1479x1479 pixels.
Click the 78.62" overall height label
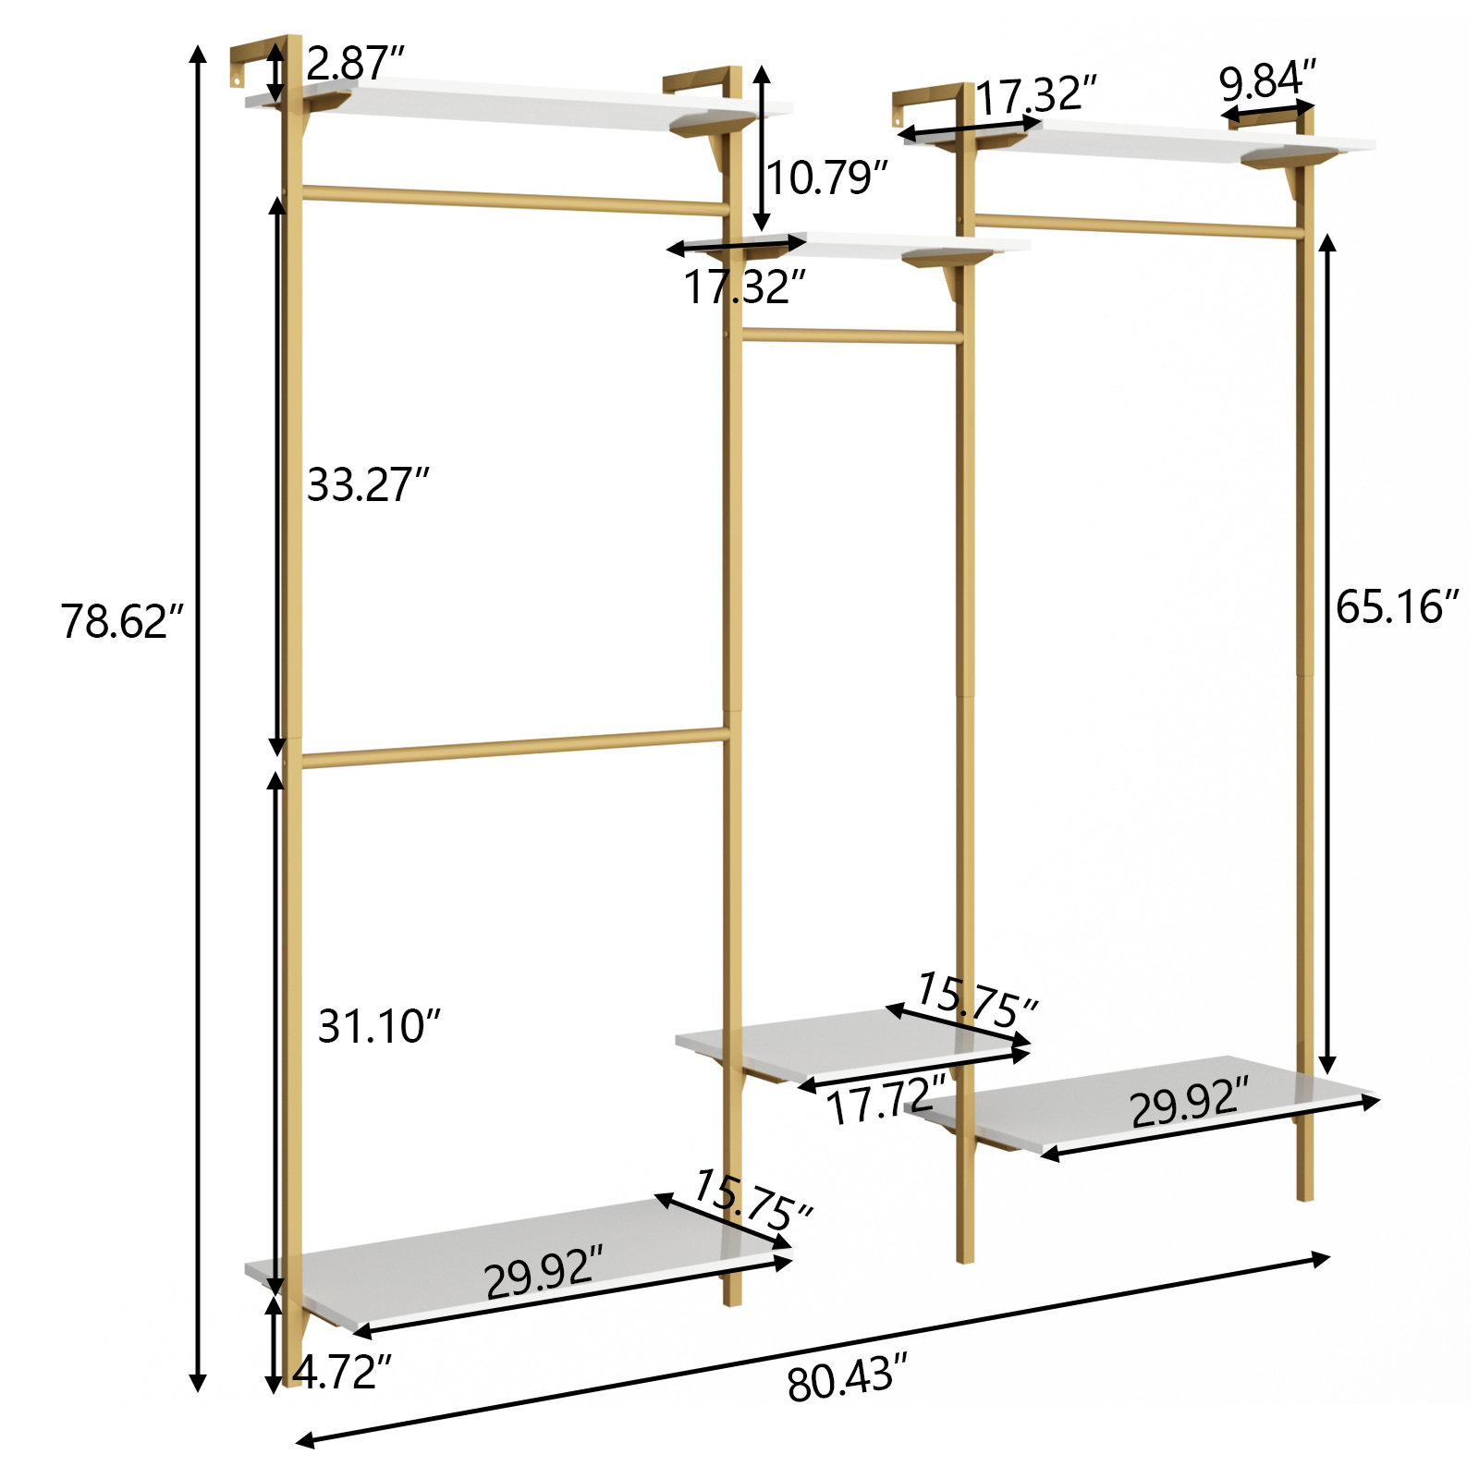(122, 621)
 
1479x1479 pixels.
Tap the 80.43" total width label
(840, 1382)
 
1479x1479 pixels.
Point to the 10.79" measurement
(826, 177)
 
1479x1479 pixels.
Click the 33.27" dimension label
(368, 484)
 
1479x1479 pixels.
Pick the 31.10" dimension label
(379, 1026)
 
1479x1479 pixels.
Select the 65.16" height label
(1396, 607)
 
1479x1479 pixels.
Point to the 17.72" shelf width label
(880, 1102)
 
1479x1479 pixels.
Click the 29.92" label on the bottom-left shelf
(544, 1272)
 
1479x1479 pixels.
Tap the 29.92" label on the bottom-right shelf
(1189, 1102)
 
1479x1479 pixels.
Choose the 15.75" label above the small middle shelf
(976, 1000)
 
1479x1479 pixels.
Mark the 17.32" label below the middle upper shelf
(744, 287)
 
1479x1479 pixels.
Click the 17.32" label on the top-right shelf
(1035, 96)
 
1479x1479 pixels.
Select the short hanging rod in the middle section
(850, 336)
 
